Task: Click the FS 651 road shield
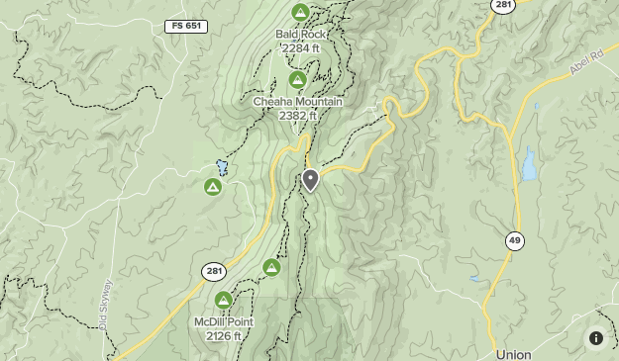click(185, 26)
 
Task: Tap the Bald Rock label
click(300, 34)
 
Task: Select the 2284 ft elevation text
click(300, 47)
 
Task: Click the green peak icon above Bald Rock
click(300, 12)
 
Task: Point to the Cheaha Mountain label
click(298, 102)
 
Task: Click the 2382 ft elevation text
click(298, 116)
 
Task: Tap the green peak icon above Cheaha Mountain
click(297, 79)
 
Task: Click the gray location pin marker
click(310, 179)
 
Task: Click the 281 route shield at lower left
click(214, 271)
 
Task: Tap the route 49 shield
click(514, 240)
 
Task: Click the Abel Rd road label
click(586, 65)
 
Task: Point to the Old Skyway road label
click(105, 305)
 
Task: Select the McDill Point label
click(224, 322)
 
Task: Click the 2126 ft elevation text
click(224, 336)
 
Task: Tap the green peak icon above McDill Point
click(224, 300)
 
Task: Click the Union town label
click(513, 354)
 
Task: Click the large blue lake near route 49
click(529, 165)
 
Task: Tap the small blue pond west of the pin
click(222, 167)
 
